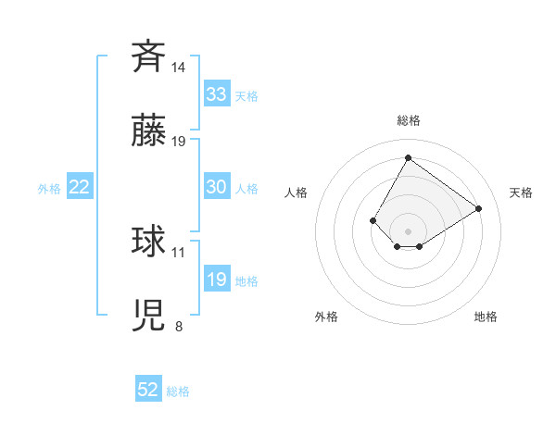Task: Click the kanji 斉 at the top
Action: (x=148, y=56)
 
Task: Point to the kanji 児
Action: (x=148, y=316)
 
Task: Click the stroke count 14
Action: (x=179, y=68)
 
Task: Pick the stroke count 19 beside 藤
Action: (x=179, y=142)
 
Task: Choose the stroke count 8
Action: (x=179, y=326)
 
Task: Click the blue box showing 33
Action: (x=216, y=94)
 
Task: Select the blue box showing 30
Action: (x=216, y=187)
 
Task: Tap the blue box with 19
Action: (x=216, y=280)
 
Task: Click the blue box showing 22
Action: (x=79, y=187)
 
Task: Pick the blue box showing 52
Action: (x=148, y=390)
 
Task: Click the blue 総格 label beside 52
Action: (x=178, y=391)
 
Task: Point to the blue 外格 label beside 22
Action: (x=49, y=189)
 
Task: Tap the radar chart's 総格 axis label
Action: (x=408, y=120)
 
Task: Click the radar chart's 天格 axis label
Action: (x=521, y=193)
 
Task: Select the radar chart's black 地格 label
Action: (x=486, y=317)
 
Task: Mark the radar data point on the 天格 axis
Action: (x=478, y=208)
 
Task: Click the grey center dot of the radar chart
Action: (x=408, y=230)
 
